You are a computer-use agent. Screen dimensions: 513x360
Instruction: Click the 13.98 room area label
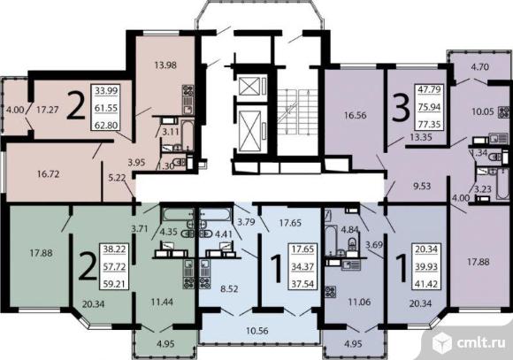pos(165,65)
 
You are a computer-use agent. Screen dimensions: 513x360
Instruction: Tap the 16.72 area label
pos(48,173)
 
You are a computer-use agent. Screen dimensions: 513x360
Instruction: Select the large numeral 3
pos(401,109)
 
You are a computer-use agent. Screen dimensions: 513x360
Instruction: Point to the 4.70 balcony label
pos(480,67)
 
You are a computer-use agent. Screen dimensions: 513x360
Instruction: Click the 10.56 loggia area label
pos(257,331)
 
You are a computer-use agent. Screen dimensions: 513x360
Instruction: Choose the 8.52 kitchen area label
pos(229,289)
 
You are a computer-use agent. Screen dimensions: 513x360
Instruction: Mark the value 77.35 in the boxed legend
pos(429,125)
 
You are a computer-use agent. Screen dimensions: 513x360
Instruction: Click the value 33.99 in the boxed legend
pos(106,90)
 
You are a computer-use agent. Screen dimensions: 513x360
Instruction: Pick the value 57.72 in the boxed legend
pos(114,267)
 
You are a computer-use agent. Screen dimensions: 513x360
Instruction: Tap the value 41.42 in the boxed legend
pos(426,284)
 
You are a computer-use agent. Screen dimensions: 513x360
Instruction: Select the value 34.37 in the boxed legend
pos(302,267)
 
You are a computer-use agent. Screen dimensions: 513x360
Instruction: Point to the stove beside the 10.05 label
pos(504,112)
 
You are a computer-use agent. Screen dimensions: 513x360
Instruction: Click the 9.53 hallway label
pos(422,187)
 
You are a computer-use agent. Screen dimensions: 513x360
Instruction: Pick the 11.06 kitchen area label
pos(359,302)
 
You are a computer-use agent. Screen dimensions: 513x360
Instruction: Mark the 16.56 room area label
pos(355,115)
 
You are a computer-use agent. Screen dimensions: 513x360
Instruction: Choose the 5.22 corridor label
pos(117,178)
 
